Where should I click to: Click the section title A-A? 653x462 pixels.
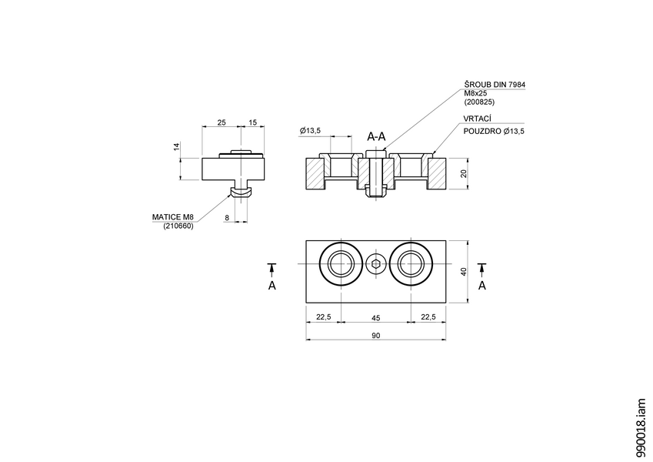(376, 136)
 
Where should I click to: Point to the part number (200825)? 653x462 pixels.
(479, 102)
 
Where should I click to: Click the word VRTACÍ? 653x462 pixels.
(477, 119)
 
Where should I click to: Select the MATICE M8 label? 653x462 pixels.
(173, 218)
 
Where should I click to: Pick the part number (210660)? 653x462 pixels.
(178, 226)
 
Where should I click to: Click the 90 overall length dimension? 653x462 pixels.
(376, 335)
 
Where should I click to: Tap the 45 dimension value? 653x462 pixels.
(376, 316)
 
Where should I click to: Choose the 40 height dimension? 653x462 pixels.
(463, 271)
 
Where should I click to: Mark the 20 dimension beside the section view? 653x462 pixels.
(463, 174)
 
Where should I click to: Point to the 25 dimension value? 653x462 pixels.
(222, 122)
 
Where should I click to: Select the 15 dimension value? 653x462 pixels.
(253, 122)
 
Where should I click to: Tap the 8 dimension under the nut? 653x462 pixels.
(227, 218)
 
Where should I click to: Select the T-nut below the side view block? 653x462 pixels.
(242, 189)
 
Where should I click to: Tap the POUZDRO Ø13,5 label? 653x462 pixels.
(493, 132)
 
